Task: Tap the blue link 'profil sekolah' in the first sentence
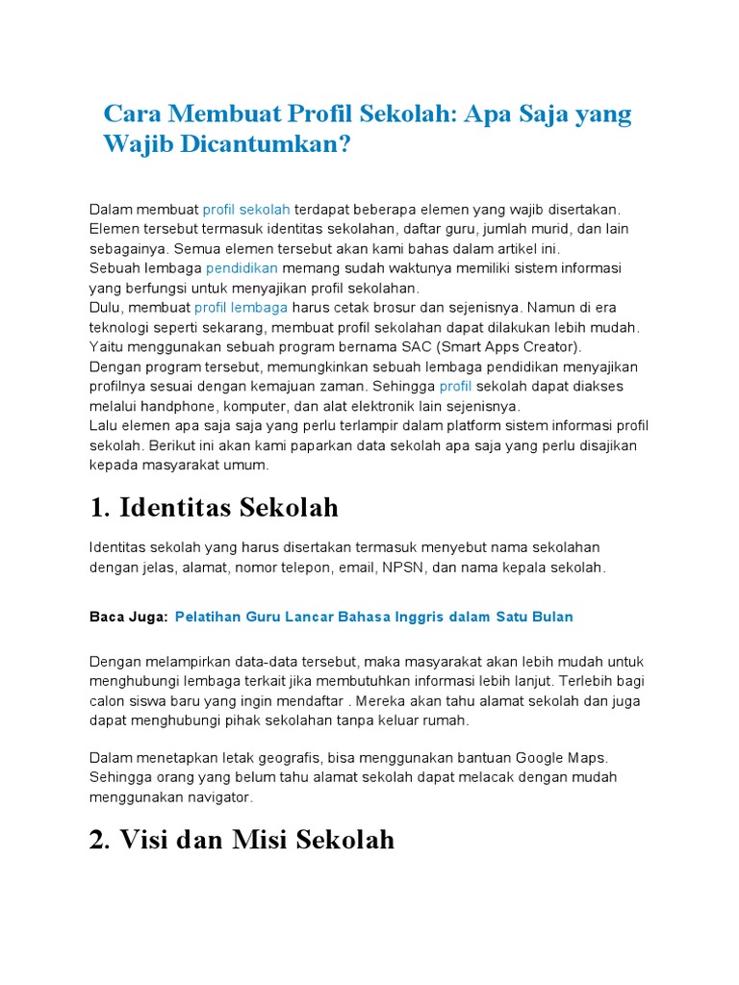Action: click(246, 209)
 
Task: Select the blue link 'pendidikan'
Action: click(242, 267)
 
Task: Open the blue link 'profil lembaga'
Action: click(241, 307)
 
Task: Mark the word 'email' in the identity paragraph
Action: click(356, 568)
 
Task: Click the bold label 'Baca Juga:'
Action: click(128, 617)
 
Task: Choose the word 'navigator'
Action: click(219, 796)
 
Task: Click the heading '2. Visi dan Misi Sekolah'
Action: click(242, 840)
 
